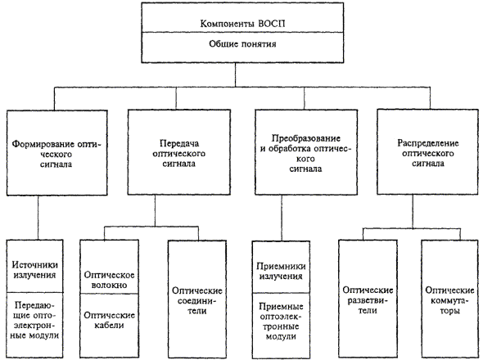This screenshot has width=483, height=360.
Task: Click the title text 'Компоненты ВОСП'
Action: [243, 24]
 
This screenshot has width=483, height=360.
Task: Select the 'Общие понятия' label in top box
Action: [243, 44]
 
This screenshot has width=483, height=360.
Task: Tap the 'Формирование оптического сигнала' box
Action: [57, 152]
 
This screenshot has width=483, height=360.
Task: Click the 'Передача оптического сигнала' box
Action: [179, 152]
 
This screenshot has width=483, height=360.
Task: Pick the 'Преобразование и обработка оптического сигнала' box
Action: [306, 152]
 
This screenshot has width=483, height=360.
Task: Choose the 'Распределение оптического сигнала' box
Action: [427, 152]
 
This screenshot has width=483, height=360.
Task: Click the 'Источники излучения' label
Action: [34, 270]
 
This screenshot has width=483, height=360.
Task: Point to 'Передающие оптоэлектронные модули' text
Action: [34, 320]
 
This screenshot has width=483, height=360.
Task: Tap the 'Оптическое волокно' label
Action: [109, 280]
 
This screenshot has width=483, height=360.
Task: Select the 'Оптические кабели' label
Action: [109, 320]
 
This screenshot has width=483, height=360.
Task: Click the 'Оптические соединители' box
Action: [197, 299]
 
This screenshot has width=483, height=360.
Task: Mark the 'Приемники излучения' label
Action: [281, 271]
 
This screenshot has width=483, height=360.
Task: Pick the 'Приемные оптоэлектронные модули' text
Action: [281, 322]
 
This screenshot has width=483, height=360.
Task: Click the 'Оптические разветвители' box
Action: [368, 299]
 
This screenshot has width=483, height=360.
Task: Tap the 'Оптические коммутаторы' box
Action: [449, 299]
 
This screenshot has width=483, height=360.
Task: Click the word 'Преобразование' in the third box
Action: [306, 138]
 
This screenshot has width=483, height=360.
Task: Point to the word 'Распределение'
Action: [428, 143]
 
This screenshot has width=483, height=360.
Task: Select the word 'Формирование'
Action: [43, 144]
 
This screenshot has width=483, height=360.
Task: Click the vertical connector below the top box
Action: [235, 75]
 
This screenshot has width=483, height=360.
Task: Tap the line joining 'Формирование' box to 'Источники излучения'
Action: [38, 218]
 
